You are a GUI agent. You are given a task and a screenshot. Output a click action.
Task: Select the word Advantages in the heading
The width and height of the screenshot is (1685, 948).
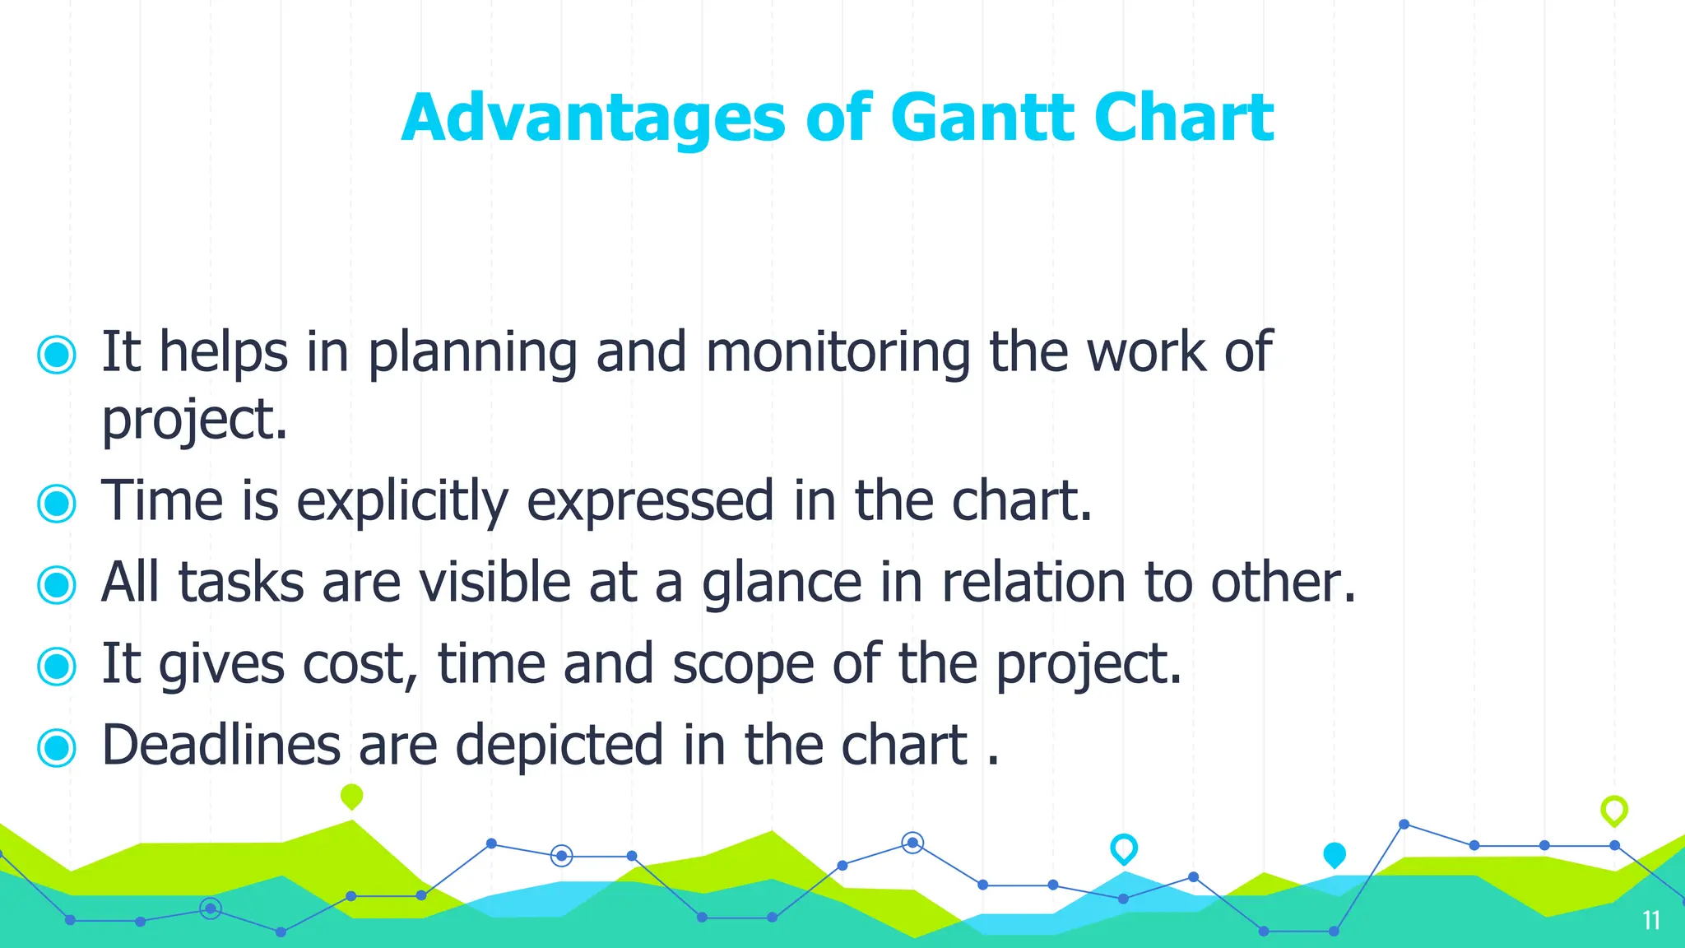pos(593,119)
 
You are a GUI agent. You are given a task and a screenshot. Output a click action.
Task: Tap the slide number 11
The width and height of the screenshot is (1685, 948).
pos(1650,920)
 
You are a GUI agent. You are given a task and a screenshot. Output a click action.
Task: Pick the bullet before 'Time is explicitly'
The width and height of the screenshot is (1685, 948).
pos(57,503)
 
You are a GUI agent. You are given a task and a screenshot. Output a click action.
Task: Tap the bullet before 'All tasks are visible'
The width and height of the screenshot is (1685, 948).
pos(57,584)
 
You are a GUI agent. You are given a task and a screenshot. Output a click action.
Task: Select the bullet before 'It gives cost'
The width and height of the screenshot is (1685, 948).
pos(57,666)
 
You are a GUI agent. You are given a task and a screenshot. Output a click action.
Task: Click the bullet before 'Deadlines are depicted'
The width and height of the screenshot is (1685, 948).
pos(57,747)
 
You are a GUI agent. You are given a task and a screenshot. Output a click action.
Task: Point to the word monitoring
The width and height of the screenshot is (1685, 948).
pos(838,352)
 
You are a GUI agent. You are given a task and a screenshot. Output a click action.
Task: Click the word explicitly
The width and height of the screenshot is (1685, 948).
pos(402,502)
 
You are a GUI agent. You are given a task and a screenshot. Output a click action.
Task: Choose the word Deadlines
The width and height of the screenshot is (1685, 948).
pos(220,745)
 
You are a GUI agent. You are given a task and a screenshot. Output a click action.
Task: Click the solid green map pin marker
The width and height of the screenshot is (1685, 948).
pos(351,796)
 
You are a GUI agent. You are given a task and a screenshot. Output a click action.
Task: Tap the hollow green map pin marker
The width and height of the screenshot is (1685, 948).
pos(1613,810)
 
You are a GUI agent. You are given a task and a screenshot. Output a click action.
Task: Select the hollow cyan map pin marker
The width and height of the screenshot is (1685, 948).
pos(1123,848)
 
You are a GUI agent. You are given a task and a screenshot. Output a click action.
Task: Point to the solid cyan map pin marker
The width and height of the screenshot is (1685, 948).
pos(1334,854)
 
